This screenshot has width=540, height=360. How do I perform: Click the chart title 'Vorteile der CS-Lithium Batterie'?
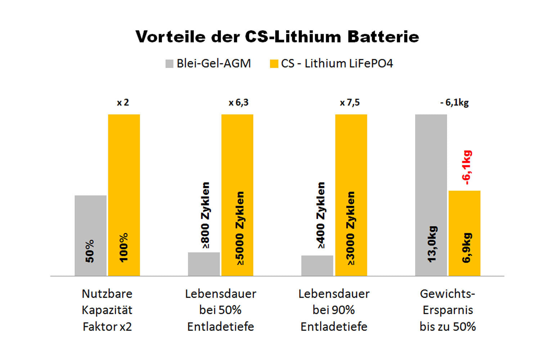click(x=277, y=37)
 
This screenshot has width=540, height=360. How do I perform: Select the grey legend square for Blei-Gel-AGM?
click(x=169, y=64)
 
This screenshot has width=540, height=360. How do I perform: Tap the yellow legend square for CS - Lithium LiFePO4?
click(x=274, y=64)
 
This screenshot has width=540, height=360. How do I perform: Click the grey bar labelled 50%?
click(x=90, y=235)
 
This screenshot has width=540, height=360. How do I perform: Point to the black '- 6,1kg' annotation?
click(x=454, y=103)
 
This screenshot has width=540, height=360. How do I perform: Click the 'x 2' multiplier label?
click(x=123, y=103)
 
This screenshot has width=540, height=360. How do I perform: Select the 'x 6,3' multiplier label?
click(x=238, y=103)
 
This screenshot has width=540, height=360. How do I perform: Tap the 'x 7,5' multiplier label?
click(x=350, y=103)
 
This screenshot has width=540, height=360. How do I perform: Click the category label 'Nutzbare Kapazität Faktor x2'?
click(x=107, y=310)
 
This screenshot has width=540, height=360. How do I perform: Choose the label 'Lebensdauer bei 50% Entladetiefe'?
click(x=221, y=310)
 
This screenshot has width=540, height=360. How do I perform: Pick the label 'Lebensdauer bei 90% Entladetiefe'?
click(x=334, y=310)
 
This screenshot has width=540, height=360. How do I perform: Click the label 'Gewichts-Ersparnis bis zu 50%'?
click(x=447, y=310)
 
